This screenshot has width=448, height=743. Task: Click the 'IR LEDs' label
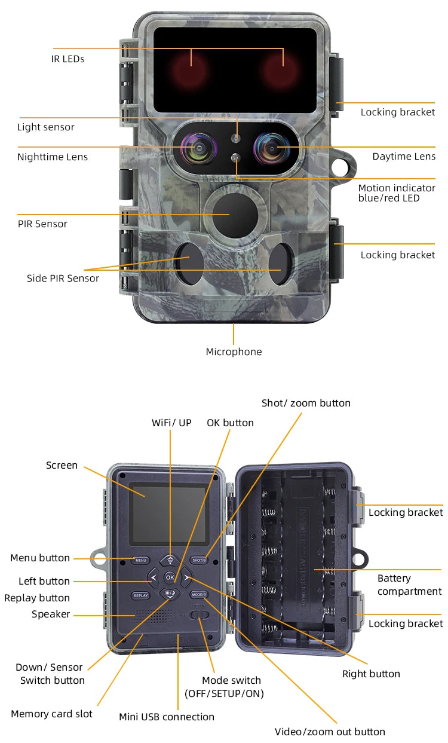(67, 59)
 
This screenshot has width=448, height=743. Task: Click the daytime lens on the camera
(271, 147)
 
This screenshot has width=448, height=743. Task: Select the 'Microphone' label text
(234, 351)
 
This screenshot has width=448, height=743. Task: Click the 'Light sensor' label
(45, 127)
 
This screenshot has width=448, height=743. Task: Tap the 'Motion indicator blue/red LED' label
(397, 192)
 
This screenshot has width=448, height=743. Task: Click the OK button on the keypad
(170, 577)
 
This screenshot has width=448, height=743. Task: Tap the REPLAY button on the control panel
(140, 595)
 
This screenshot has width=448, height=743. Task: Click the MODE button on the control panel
(198, 595)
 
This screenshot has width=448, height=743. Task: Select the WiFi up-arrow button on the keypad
(170, 560)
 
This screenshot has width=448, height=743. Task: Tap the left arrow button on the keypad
(154, 577)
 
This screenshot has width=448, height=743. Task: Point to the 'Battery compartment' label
(409, 585)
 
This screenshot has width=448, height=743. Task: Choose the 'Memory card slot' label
(51, 714)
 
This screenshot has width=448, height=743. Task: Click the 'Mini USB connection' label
(166, 717)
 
